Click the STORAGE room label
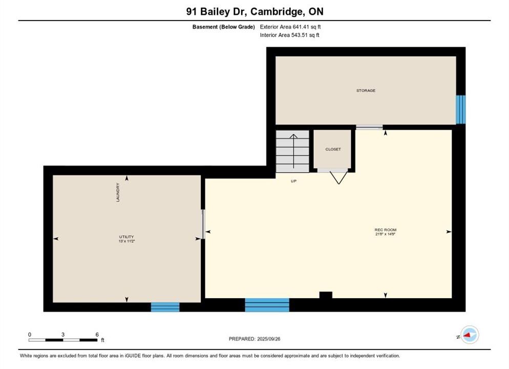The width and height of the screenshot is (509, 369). click(x=366, y=91)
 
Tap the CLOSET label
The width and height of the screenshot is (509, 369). click(x=333, y=150)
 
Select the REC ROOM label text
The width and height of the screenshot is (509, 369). click(x=385, y=230)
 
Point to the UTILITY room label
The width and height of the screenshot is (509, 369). click(x=126, y=237)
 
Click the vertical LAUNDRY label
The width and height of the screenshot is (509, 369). click(x=118, y=192)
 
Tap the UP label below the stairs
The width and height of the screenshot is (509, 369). click(x=293, y=181)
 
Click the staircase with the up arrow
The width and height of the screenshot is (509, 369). click(x=292, y=151)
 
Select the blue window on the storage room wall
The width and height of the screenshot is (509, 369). click(x=461, y=110)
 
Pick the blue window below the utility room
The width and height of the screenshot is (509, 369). click(x=165, y=307)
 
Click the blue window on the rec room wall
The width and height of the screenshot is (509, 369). click(x=267, y=305)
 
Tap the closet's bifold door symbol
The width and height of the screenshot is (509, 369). click(x=338, y=177)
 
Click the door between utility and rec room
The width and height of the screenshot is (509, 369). click(x=203, y=224)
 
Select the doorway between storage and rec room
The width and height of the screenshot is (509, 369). click(x=369, y=127)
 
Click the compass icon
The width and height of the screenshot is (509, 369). click(x=470, y=335)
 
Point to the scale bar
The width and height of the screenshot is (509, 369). click(x=62, y=340)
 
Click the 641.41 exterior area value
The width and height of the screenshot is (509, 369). click(x=301, y=27)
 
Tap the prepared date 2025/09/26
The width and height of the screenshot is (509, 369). click(x=269, y=339)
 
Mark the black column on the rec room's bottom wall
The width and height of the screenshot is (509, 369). click(x=326, y=295)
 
